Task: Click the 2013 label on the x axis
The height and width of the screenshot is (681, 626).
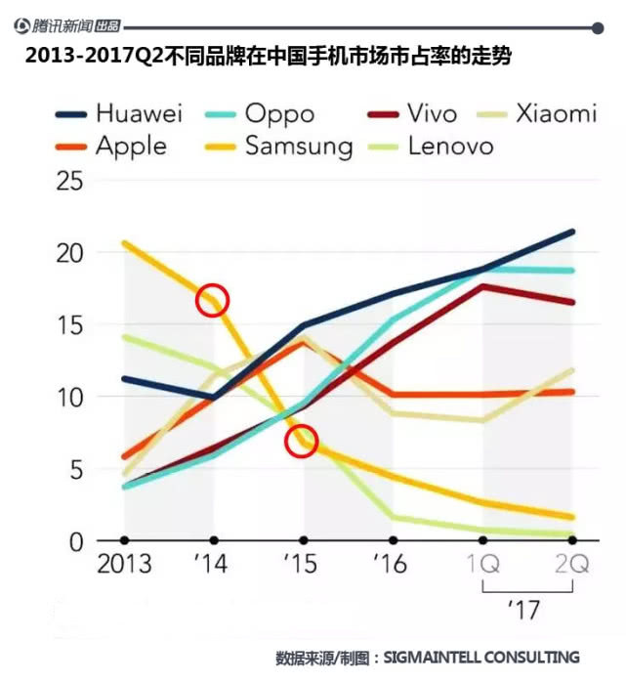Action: pos(124,565)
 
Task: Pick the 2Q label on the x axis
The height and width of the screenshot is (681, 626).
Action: pos(572,565)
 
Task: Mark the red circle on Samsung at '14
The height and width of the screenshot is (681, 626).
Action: pos(212,300)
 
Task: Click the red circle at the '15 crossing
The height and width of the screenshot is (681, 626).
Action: pos(302,442)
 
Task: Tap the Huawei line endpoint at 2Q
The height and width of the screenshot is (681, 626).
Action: pos(572,232)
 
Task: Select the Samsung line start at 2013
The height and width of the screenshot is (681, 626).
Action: pos(124,243)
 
